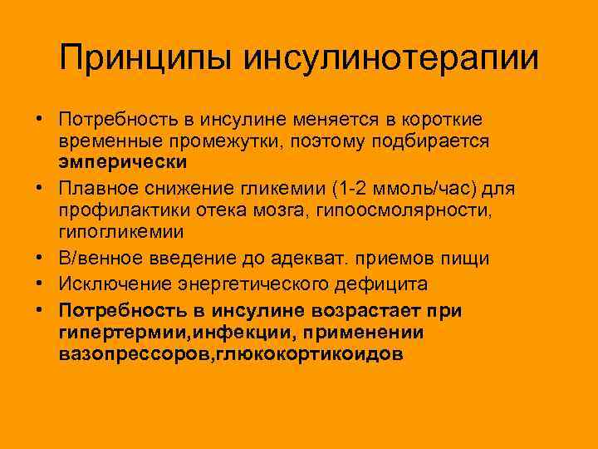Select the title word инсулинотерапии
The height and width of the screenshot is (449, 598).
pyautogui.click(x=390, y=58)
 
